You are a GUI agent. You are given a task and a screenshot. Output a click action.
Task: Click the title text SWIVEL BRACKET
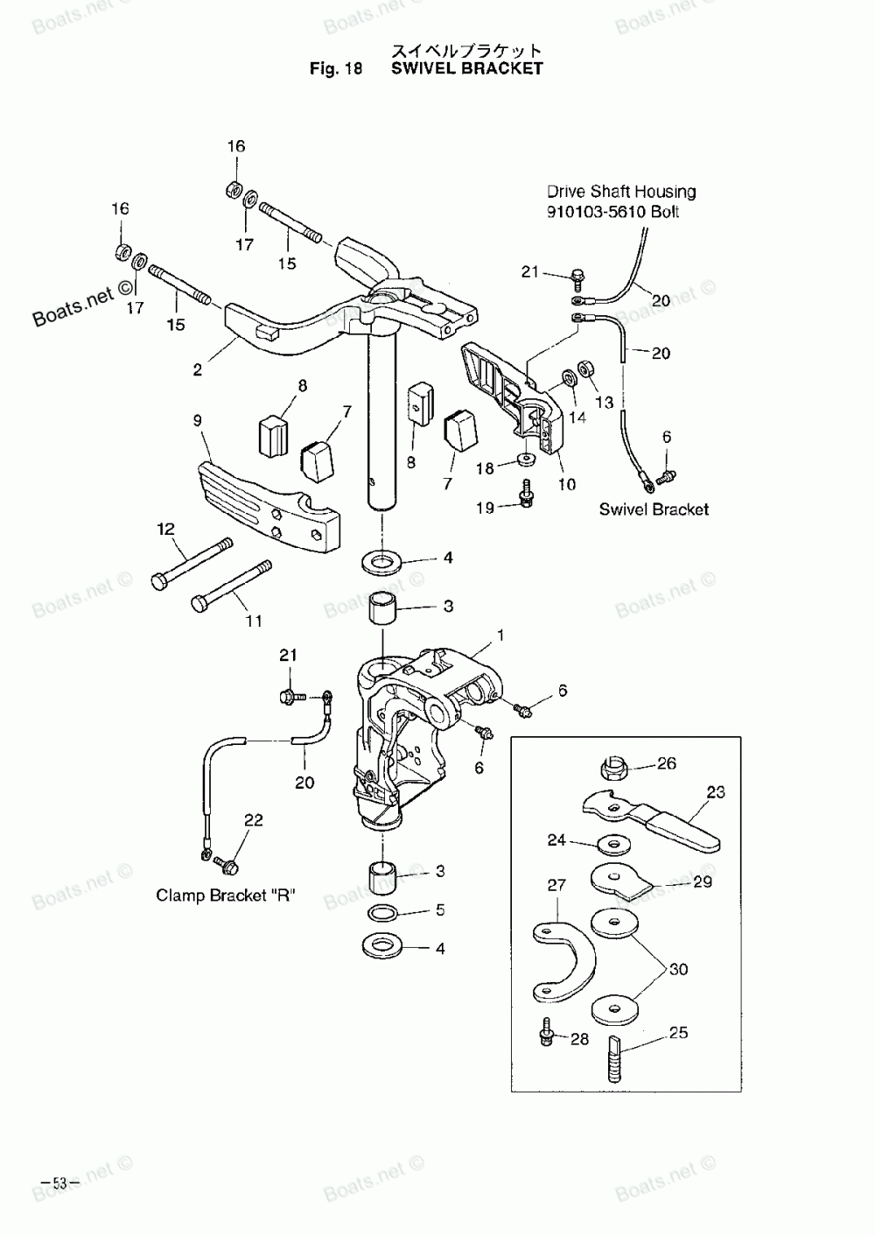point(466,68)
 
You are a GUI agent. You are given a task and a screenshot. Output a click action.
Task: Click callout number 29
point(702,881)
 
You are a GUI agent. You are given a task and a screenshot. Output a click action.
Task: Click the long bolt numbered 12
point(192,565)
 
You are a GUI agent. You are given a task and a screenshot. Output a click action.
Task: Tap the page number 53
point(59,1183)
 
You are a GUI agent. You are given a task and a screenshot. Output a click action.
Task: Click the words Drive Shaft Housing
point(621,192)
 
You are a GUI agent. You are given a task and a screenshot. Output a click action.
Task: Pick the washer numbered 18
point(527,460)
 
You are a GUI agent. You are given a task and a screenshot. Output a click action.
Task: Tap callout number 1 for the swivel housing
point(500,635)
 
